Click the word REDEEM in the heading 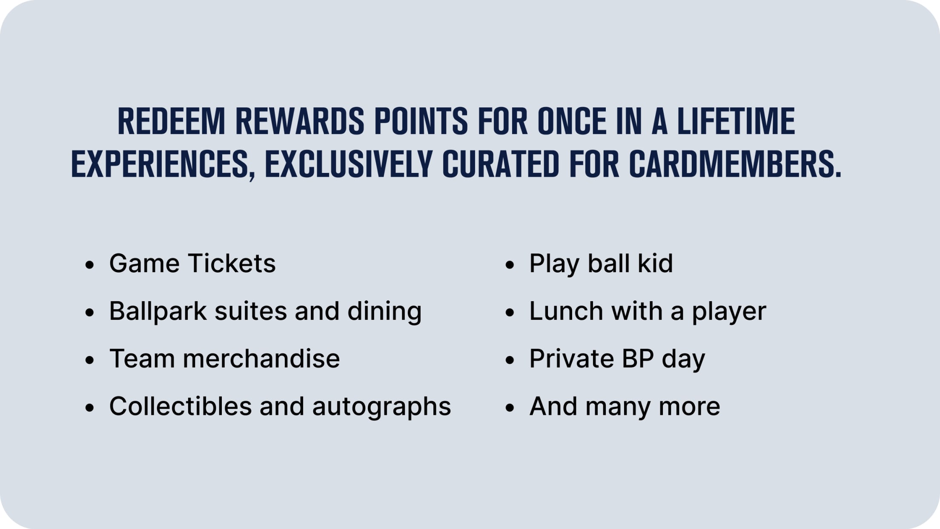tap(171, 122)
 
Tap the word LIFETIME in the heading tap(736, 122)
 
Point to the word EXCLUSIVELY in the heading tap(349, 164)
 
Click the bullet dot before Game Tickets tap(89, 265)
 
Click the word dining tap(384, 311)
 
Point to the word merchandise tap(261, 359)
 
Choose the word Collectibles tap(181, 406)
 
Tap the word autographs tap(381, 407)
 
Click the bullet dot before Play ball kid tap(510, 265)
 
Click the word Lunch tap(566, 311)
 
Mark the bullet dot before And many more tap(510, 408)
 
